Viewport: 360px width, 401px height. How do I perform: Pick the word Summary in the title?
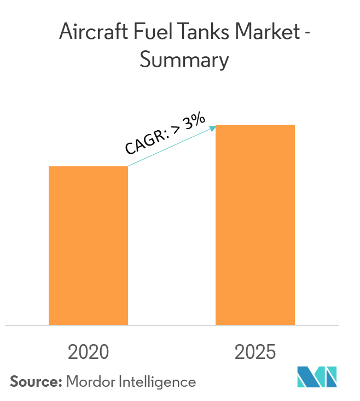pyautogui.click(x=184, y=61)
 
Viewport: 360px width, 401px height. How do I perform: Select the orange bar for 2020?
pyautogui.click(x=88, y=246)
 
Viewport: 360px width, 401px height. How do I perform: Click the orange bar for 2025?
pyautogui.click(x=255, y=225)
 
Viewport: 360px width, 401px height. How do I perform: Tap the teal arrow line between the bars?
pyautogui.click(x=170, y=147)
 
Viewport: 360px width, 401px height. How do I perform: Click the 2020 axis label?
pyautogui.click(x=88, y=352)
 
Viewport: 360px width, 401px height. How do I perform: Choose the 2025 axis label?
pyautogui.click(x=255, y=352)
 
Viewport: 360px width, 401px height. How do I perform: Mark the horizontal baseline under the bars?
pyautogui.click(x=172, y=326)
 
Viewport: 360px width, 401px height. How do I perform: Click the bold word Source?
pyautogui.click(x=34, y=381)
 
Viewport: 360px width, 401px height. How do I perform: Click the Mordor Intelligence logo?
pyautogui.click(x=317, y=377)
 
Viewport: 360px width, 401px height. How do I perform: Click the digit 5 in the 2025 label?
pyautogui.click(x=270, y=352)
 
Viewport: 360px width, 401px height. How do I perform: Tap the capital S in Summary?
pyautogui.click(x=145, y=60)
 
